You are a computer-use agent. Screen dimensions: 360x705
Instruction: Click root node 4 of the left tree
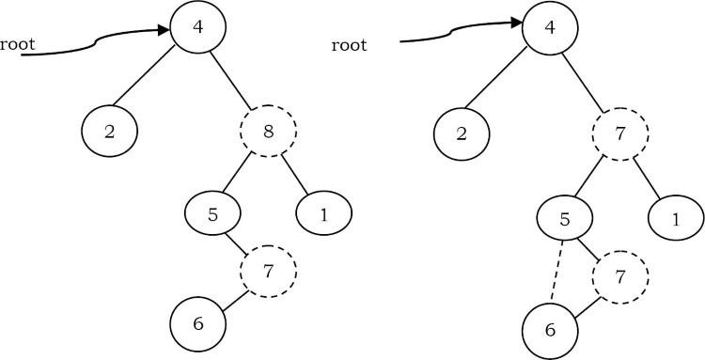196,27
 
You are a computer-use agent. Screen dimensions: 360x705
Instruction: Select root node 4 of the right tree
550,27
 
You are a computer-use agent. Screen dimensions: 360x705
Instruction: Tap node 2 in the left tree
110,131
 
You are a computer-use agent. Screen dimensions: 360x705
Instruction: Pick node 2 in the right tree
462,131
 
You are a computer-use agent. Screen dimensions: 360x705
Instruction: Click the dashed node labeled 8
270,133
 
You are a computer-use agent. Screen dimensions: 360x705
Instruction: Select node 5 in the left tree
213,213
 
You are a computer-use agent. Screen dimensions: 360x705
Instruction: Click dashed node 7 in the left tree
268,271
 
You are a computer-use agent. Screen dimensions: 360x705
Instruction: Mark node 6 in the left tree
198,322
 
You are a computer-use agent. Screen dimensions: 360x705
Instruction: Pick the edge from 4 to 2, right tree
503,81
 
